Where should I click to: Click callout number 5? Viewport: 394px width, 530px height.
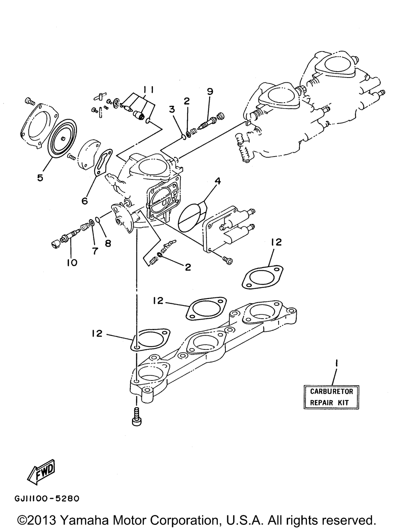40,177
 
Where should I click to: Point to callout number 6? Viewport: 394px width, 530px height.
84,200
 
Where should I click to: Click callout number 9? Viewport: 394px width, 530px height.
210,91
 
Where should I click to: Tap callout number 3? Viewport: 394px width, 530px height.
172,109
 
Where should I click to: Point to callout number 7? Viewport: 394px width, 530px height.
95,251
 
